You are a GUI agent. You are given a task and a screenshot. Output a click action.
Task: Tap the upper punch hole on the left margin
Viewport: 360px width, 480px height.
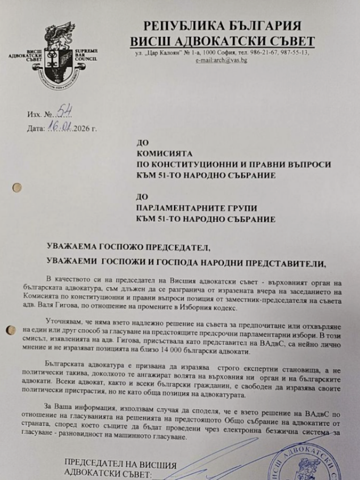point(17,187)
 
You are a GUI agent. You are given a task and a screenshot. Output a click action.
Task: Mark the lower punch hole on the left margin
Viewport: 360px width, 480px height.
point(10,330)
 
